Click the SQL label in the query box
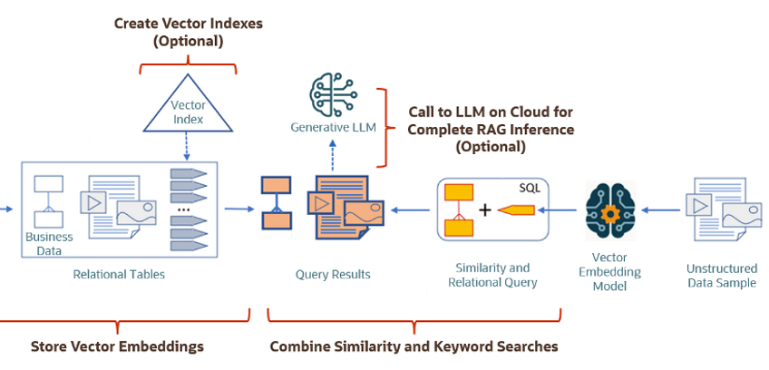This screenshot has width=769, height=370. pos(530,188)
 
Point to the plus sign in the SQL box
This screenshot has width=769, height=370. pos(485,210)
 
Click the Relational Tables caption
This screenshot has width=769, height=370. pos(119,274)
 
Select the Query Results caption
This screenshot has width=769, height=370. pos(333,274)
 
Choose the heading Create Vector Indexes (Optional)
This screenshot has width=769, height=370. pos(189,32)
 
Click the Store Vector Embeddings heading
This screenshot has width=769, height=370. pos(117,346)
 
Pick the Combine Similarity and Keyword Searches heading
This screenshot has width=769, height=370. pos(414,346)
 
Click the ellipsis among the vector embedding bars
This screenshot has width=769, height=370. pos(184,209)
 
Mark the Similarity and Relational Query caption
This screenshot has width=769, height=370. pos(492,275)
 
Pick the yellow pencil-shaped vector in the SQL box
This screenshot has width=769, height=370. pos(514,210)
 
